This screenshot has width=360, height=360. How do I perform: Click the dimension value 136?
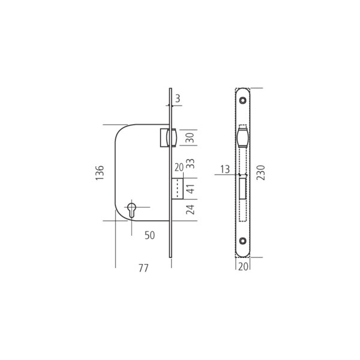tap(100, 172)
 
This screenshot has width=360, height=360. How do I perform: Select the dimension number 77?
tap(143, 268)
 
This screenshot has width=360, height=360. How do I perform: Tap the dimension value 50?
tap(149, 235)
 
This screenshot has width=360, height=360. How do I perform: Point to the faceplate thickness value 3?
tap(178, 99)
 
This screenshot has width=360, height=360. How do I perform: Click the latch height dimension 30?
tap(190, 138)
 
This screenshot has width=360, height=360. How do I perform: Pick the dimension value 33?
tap(190, 163)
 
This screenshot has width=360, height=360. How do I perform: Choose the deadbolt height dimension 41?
tap(190, 189)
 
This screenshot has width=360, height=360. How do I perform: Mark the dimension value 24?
tap(190, 209)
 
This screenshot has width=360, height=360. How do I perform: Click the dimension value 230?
tap(261, 173)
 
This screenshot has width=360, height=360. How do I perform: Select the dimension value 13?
tap(225, 169)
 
